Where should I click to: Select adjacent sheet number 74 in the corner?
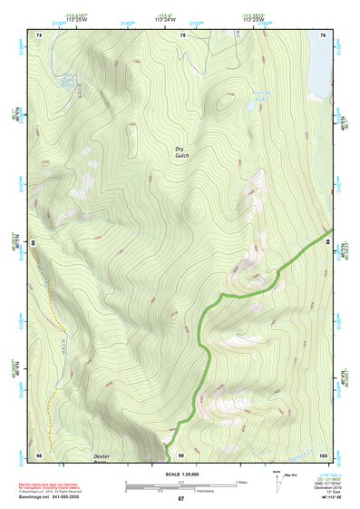point(39,34)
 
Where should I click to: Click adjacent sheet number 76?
point(324,34)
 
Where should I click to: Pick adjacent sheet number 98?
point(39,454)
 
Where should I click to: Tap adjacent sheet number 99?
point(181,454)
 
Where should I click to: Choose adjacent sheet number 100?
point(323,454)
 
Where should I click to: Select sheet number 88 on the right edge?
point(329,241)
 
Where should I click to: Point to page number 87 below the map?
point(181,499)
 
